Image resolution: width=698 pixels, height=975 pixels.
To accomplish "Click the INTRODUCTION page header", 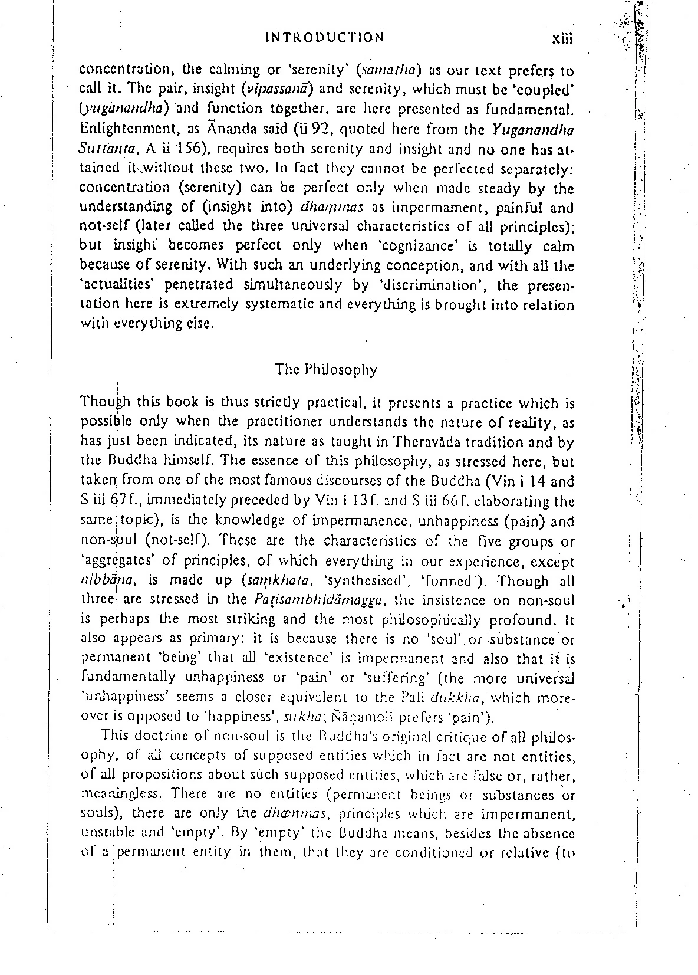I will pos(325,38).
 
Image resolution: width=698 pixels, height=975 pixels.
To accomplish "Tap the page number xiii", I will pos(562,39).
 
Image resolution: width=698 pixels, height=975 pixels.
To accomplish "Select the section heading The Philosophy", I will pos(325,370).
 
